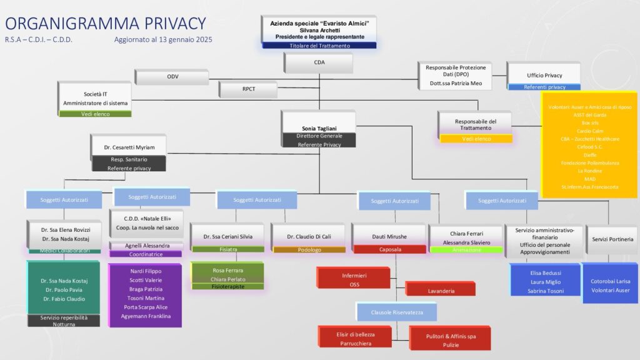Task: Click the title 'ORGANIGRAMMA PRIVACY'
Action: pos(105,24)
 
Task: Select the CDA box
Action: pos(319,62)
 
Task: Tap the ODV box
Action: pos(172,76)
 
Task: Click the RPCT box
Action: pos(248,89)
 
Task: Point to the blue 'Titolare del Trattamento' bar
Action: pos(319,46)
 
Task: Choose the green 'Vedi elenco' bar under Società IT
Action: pos(95,114)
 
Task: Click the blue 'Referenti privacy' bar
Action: pos(544,87)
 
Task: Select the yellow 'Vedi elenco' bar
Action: pos(476,139)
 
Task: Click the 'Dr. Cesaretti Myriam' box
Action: pos(129,147)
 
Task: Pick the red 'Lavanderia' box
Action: pos(441,291)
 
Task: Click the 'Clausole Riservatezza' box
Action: pos(396,311)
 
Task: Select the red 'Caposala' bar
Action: pos(389,249)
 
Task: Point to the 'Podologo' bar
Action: pos(309,249)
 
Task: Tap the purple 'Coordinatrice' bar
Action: pos(146,254)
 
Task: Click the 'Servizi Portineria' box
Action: pos(612,239)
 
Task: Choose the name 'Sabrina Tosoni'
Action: pos(546,291)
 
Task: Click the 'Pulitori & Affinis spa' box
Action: pos(451,337)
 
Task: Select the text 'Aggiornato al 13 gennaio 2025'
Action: pos(163,39)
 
